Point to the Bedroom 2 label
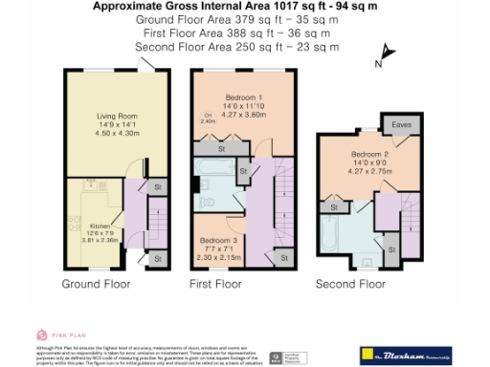click(368, 154)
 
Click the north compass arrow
click(385, 54)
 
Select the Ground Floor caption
click(97, 285)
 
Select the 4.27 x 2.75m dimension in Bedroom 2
click(368, 171)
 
